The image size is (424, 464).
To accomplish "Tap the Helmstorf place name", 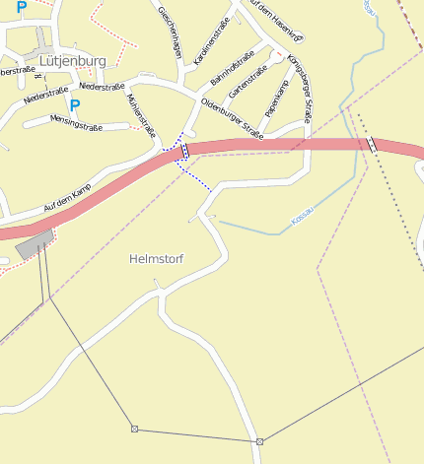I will tap(157, 259).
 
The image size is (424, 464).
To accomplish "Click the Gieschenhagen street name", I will tap(170, 33).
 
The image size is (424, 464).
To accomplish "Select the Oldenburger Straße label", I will tap(232, 119).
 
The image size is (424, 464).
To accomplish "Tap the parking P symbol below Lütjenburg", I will tap(74, 104).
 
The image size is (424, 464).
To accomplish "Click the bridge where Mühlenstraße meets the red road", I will tap(184, 151).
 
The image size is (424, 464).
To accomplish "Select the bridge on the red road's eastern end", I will tap(372, 145).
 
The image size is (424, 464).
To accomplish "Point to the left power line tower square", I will tap(134, 429).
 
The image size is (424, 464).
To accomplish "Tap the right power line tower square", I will tap(259, 441).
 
